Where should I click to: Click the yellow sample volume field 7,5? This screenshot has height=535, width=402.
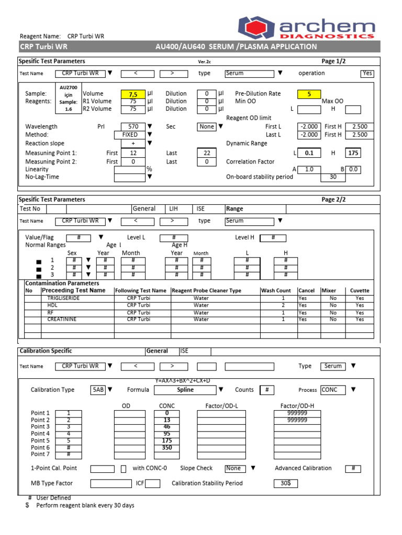click(132, 94)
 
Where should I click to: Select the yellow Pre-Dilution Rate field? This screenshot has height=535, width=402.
click(309, 94)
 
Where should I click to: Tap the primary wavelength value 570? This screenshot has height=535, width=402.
click(132, 126)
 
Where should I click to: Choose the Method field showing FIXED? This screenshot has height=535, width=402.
click(129, 135)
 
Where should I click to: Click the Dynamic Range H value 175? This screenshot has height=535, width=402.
click(353, 153)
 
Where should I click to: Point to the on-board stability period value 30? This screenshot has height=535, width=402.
click(332, 177)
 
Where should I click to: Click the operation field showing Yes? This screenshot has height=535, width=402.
click(367, 74)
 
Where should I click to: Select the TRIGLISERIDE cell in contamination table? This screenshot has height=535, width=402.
click(64, 298)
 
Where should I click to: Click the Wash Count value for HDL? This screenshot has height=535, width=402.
click(283, 305)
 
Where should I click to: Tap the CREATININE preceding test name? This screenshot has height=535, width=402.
click(62, 319)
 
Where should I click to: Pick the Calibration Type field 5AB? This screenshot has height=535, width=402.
click(98, 390)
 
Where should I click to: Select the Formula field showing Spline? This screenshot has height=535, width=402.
click(185, 390)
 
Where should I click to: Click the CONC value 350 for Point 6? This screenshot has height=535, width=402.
click(166, 448)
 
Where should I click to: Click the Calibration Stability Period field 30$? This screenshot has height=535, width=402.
click(286, 484)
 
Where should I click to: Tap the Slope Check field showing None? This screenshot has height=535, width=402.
click(233, 469)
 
